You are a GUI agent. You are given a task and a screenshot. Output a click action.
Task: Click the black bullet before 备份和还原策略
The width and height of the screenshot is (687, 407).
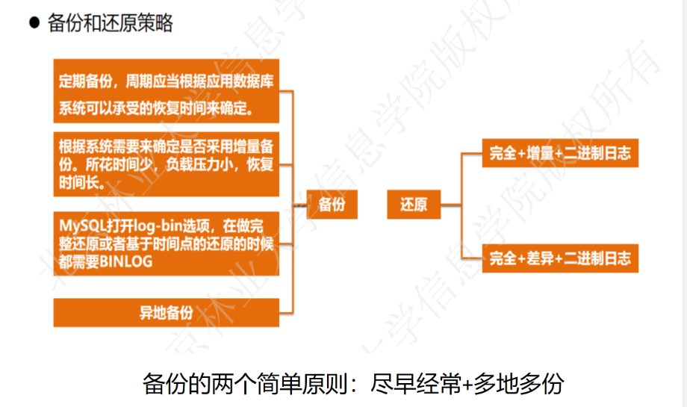[x=34, y=23]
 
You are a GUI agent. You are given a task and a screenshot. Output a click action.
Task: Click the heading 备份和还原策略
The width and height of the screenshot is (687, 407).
[x=110, y=24]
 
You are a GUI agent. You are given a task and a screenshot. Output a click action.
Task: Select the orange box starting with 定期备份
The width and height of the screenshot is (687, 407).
[x=167, y=91]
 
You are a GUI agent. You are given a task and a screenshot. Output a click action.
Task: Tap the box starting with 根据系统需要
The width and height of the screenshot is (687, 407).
[x=167, y=164]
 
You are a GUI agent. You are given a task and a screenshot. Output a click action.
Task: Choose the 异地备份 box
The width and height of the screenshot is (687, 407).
[x=167, y=312]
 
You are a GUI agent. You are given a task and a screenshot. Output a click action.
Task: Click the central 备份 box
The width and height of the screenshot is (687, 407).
[x=332, y=203]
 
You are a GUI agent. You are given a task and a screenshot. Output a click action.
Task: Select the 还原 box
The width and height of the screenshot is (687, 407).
[x=413, y=203]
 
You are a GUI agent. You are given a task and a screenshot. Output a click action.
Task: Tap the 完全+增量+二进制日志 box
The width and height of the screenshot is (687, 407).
[x=560, y=154]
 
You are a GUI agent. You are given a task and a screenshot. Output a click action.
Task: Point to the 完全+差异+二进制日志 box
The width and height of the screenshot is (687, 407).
[x=560, y=258]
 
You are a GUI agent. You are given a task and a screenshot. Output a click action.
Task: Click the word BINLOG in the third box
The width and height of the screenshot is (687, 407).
[x=125, y=261]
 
